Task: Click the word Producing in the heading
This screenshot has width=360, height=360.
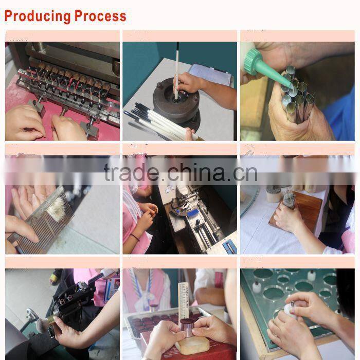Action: click(x=37, y=15)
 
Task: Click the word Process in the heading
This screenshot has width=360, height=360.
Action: click(x=101, y=15)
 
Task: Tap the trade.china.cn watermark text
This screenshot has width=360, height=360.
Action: click(x=180, y=173)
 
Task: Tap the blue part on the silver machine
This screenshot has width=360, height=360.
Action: click(x=227, y=247)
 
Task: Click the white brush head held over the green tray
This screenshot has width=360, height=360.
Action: click(x=290, y=310)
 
